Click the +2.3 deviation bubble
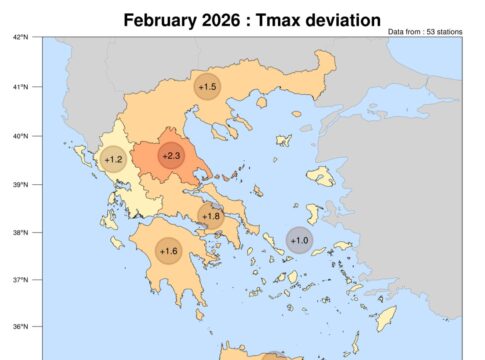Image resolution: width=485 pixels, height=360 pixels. [x=171, y=155]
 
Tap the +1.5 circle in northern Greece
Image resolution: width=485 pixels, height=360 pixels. [x=207, y=87]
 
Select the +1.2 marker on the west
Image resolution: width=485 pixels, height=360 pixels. [x=114, y=159]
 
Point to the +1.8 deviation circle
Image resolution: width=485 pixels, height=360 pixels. [x=211, y=216]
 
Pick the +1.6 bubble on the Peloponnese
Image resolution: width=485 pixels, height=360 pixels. [x=168, y=251]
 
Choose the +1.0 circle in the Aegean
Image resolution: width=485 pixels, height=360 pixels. [x=299, y=240]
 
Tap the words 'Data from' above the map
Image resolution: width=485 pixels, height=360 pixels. [x=403, y=32]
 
